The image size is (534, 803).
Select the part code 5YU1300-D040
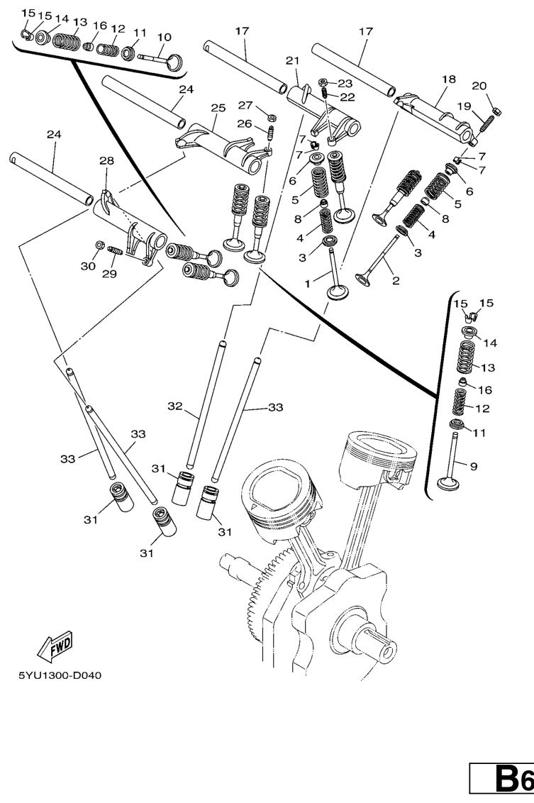point(60,675)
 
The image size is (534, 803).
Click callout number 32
point(175,406)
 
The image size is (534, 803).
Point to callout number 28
point(106,162)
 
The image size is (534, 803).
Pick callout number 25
point(218,108)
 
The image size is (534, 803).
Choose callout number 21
point(292,61)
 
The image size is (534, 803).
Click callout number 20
point(479,86)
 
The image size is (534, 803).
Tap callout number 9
point(474,465)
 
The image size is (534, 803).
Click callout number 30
point(87,266)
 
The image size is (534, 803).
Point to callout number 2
point(395,280)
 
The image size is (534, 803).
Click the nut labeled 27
point(272,116)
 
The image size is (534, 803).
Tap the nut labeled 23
point(323,83)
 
